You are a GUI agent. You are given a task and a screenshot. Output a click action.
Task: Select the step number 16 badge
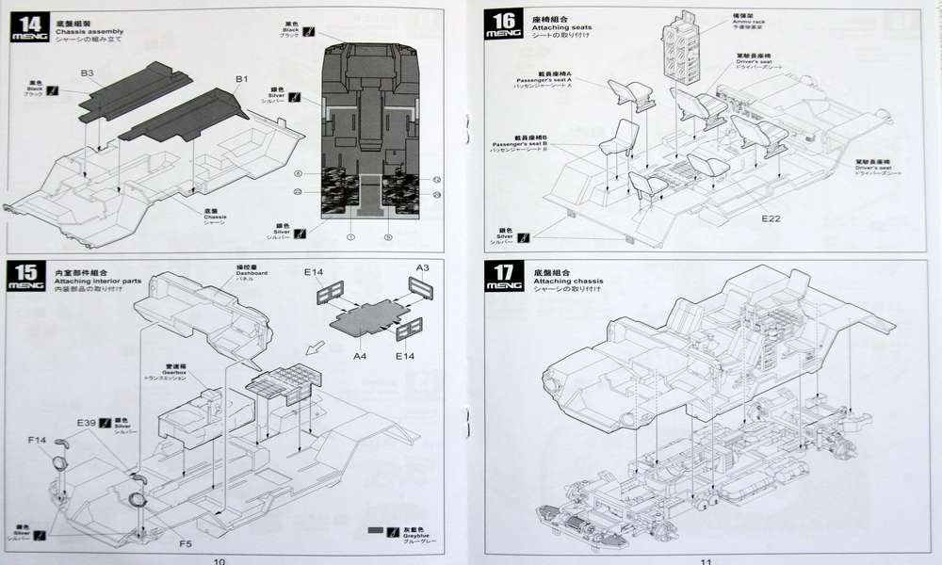click(x=503, y=24)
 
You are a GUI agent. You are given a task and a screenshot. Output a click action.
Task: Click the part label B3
click(x=87, y=73)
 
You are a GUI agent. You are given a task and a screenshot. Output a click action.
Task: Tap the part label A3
click(x=422, y=268)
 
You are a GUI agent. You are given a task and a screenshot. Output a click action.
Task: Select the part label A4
click(x=360, y=356)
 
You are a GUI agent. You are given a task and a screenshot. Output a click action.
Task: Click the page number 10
click(x=219, y=561)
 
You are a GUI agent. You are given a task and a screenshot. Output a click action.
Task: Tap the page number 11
click(x=706, y=561)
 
